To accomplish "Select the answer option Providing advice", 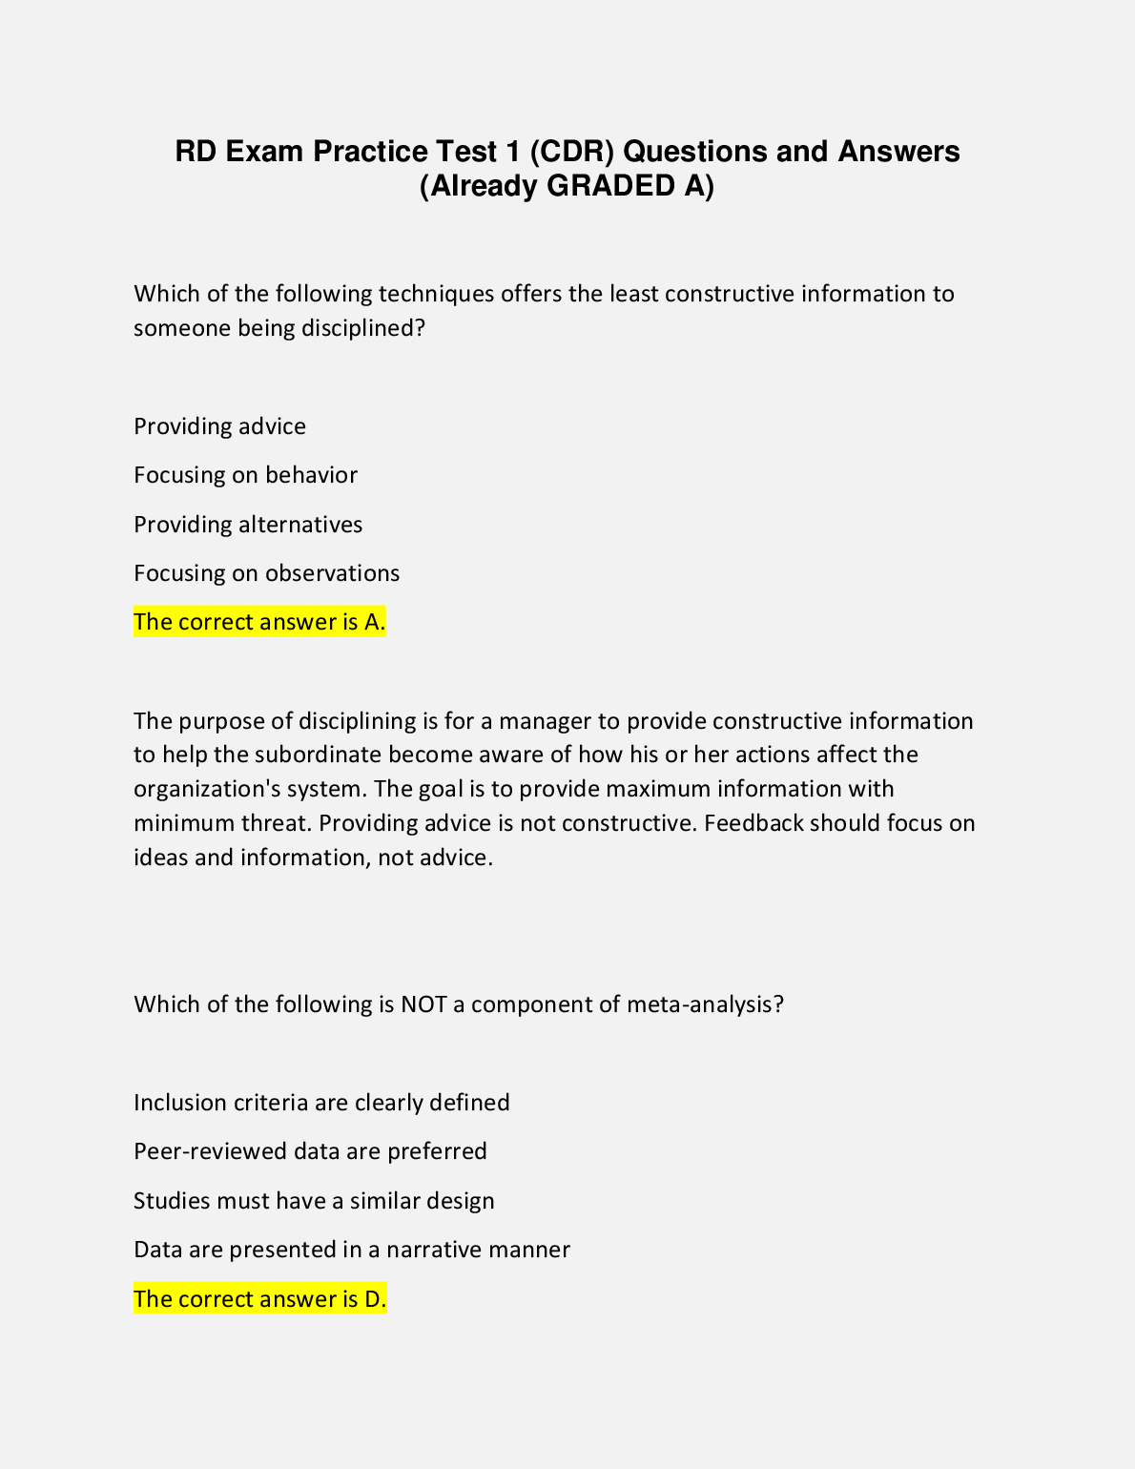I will click(x=219, y=426).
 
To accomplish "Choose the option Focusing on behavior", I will click(x=245, y=475).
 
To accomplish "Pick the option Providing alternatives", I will click(x=248, y=525).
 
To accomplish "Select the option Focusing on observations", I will click(x=266, y=573).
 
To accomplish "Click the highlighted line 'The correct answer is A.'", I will click(x=259, y=622).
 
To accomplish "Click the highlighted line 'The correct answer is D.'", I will click(x=259, y=1299).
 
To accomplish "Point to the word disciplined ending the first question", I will click(x=362, y=328).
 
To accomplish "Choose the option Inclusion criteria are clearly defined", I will click(x=321, y=1103).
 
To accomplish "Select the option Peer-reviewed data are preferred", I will click(x=310, y=1151).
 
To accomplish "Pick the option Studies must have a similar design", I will click(x=314, y=1201).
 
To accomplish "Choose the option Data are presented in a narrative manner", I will click(x=351, y=1250).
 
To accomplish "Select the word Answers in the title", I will click(x=898, y=152).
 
